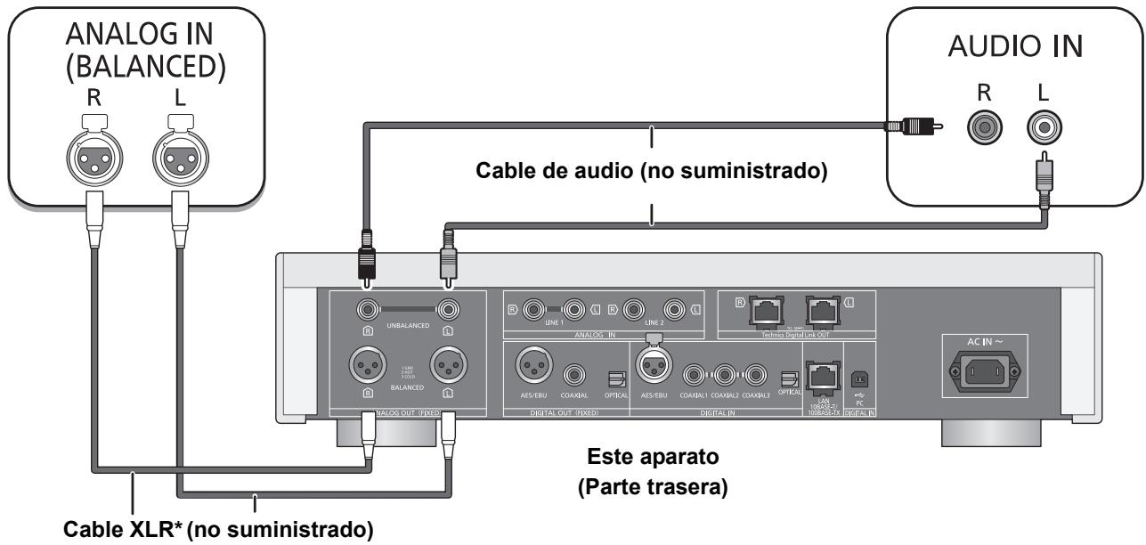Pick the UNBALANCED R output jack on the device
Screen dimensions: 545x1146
click(365, 311)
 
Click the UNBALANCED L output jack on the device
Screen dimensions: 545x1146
click(448, 311)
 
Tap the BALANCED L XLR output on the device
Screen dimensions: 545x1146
click(449, 366)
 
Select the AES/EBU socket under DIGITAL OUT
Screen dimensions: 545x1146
click(531, 367)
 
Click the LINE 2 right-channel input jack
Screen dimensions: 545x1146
click(634, 311)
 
